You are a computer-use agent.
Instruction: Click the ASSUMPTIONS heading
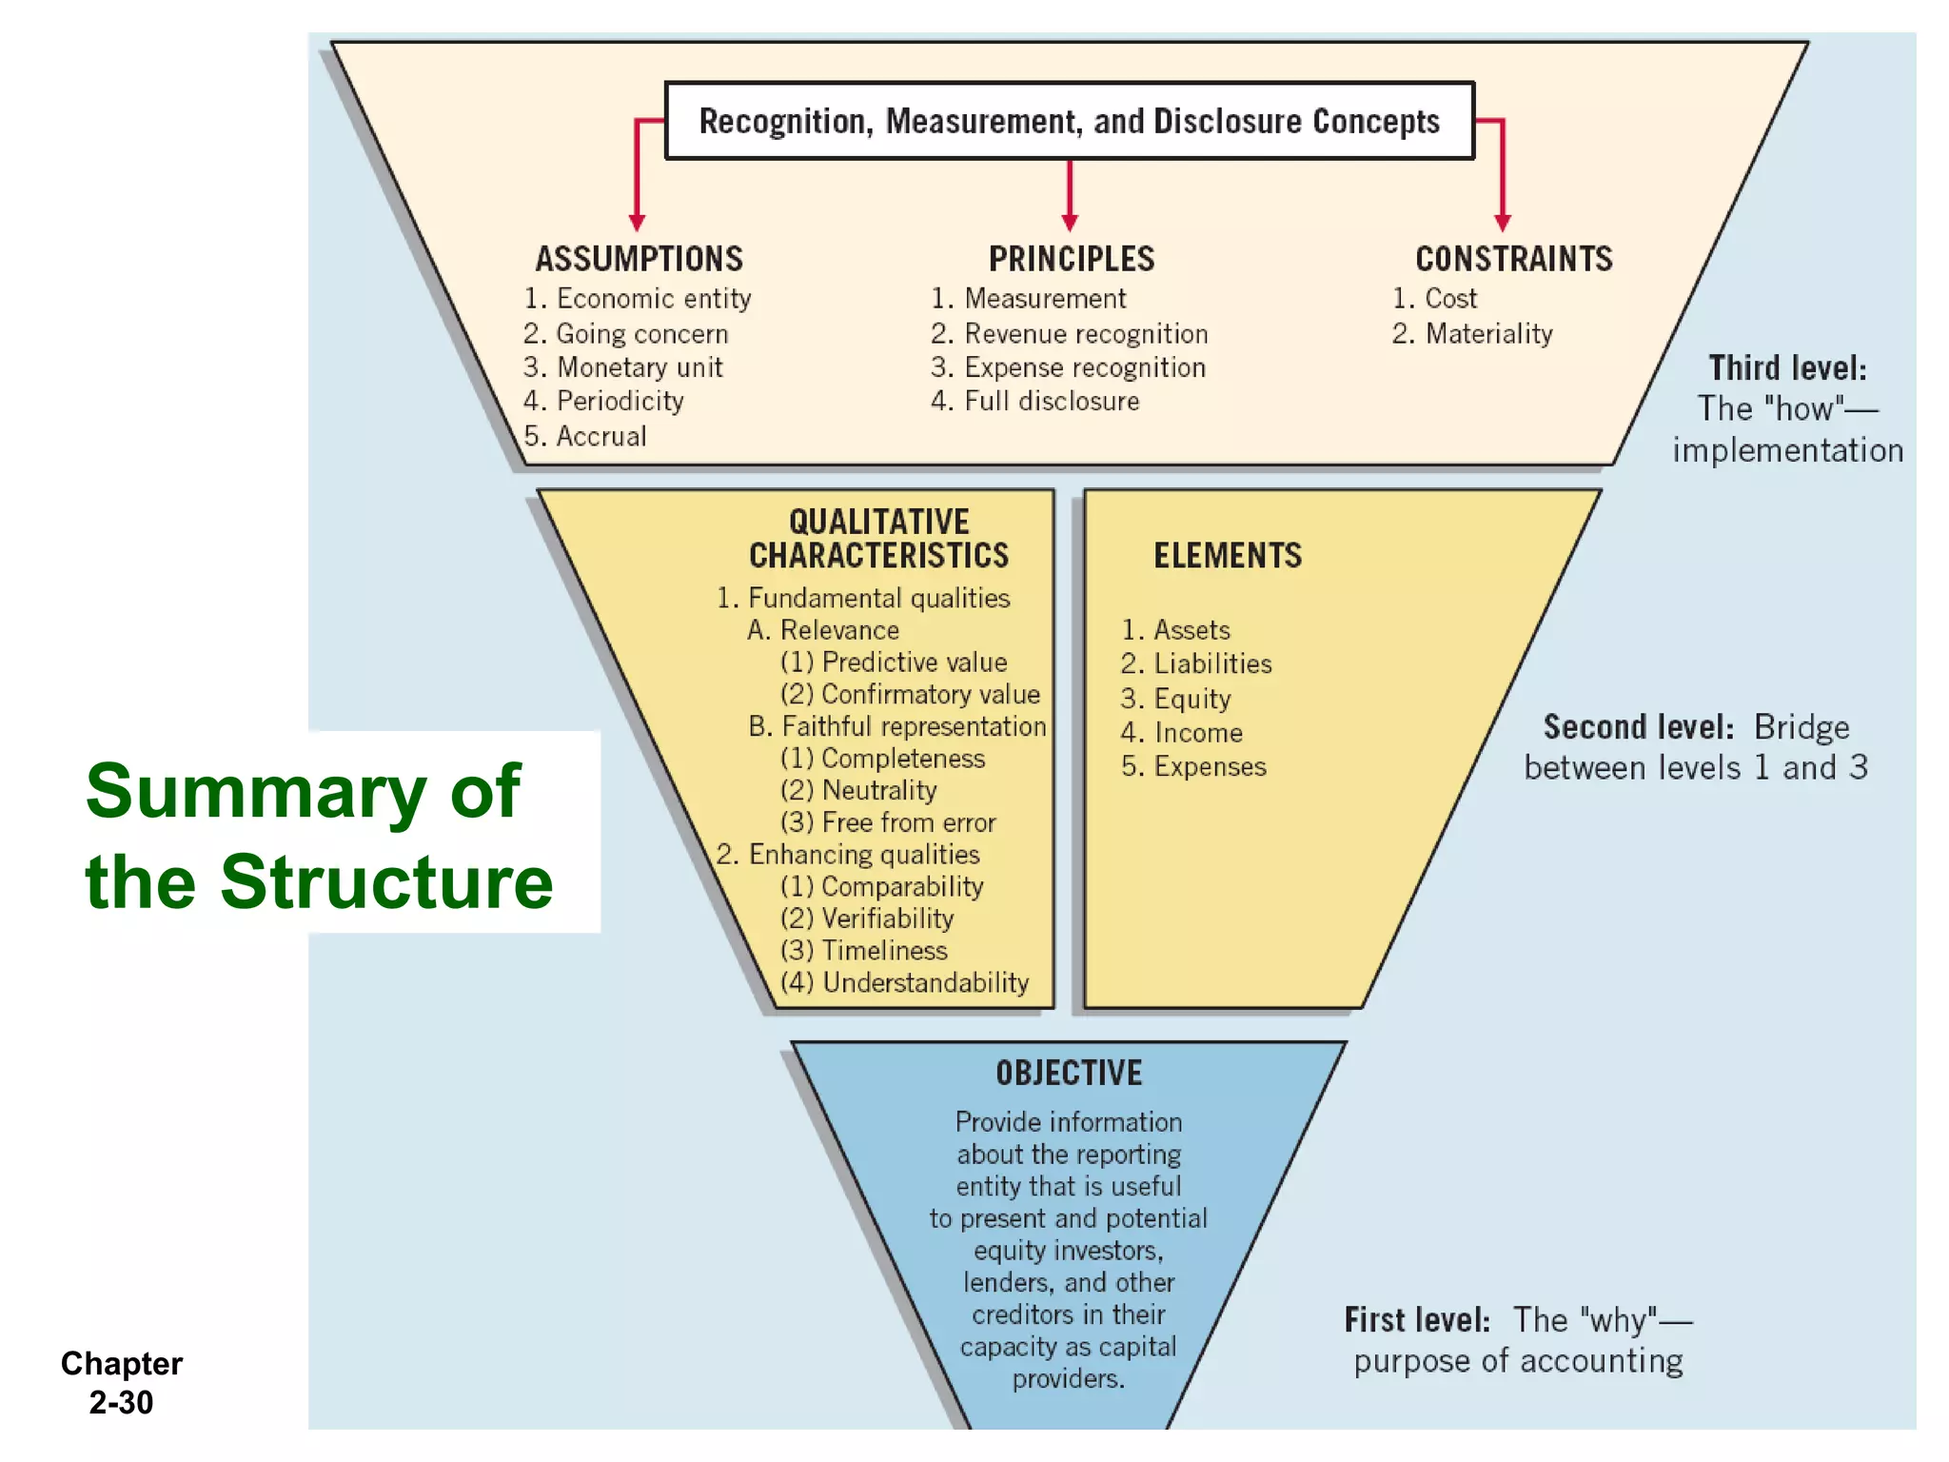[639, 259]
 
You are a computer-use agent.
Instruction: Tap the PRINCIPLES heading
[1071, 259]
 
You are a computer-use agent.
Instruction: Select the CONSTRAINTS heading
[1513, 259]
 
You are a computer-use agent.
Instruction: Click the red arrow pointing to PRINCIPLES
[1070, 196]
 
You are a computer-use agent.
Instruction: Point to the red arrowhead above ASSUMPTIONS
[638, 223]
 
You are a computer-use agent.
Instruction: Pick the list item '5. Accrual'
[585, 436]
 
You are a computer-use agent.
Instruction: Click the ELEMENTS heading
[1228, 556]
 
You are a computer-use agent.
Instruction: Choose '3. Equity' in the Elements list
[1176, 699]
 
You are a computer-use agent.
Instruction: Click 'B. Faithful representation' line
[896, 726]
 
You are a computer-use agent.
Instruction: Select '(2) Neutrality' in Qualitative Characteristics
[858, 790]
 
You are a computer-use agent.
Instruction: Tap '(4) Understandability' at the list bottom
[904, 982]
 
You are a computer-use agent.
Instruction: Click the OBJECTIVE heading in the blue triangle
[1069, 1074]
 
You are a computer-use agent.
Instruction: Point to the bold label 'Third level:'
[1787, 368]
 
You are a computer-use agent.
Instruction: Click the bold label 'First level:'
[1416, 1320]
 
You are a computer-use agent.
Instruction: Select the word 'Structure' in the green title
[386, 882]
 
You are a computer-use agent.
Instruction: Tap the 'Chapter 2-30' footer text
[121, 1383]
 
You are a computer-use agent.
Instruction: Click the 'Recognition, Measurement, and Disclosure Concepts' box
[1069, 121]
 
